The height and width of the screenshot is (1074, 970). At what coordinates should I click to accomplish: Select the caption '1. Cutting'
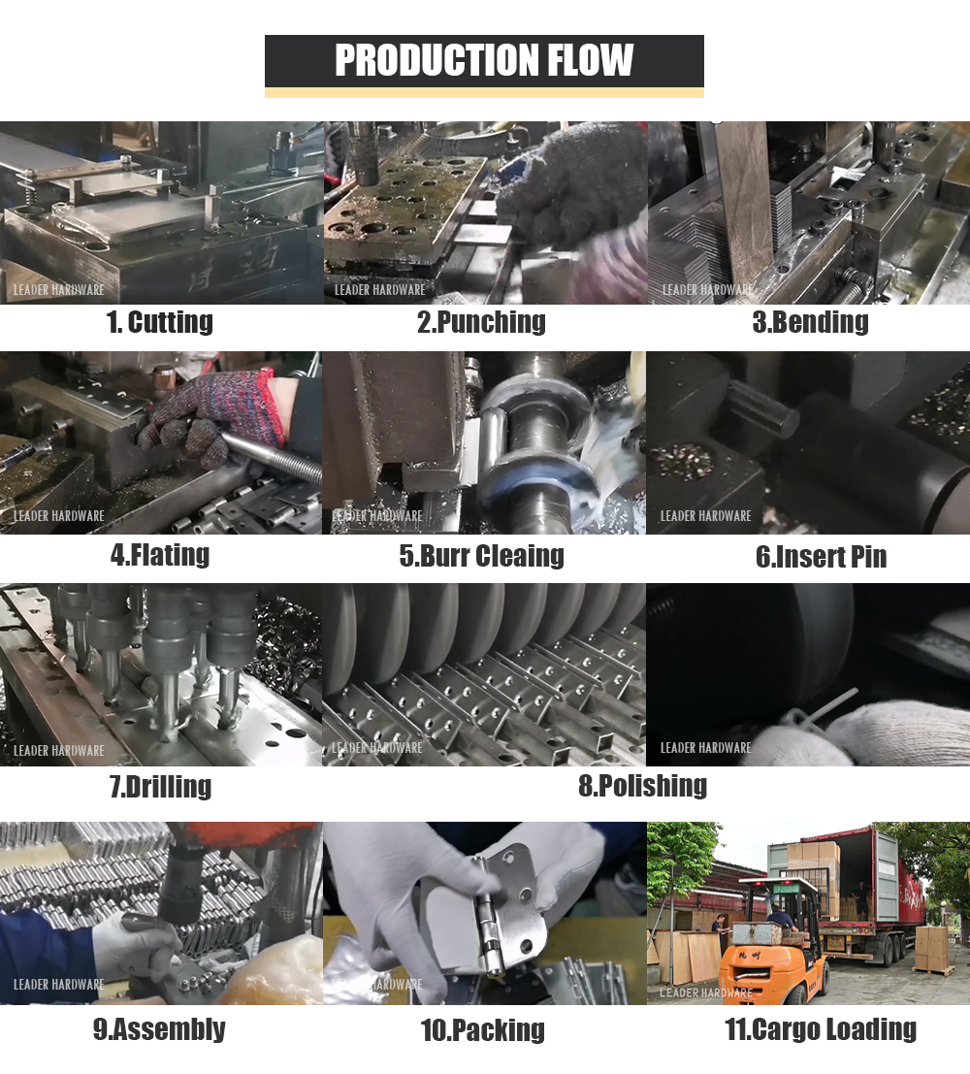(160, 322)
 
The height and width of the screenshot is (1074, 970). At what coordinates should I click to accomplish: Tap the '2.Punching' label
(481, 322)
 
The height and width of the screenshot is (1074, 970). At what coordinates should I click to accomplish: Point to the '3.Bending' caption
(810, 322)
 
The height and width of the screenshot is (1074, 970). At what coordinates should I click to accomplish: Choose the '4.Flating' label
(160, 555)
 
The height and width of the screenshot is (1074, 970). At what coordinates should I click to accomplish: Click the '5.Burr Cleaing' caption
(481, 556)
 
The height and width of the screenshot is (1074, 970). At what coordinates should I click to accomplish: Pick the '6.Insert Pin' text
(822, 556)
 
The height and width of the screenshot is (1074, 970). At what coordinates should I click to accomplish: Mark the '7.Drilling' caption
(161, 786)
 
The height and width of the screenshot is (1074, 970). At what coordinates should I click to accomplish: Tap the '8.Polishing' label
(642, 785)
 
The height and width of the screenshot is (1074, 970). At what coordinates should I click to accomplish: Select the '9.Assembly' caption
(159, 1029)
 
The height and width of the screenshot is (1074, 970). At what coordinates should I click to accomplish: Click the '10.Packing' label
(483, 1030)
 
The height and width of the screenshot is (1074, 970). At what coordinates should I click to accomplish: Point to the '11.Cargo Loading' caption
(821, 1029)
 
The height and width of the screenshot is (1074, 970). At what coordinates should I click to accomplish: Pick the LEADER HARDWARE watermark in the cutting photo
(59, 290)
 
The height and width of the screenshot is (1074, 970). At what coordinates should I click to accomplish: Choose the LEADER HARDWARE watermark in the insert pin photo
(705, 516)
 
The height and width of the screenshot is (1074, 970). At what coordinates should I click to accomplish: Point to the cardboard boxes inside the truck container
(815, 877)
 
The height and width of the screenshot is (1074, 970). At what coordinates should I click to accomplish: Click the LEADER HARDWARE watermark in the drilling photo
(59, 751)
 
